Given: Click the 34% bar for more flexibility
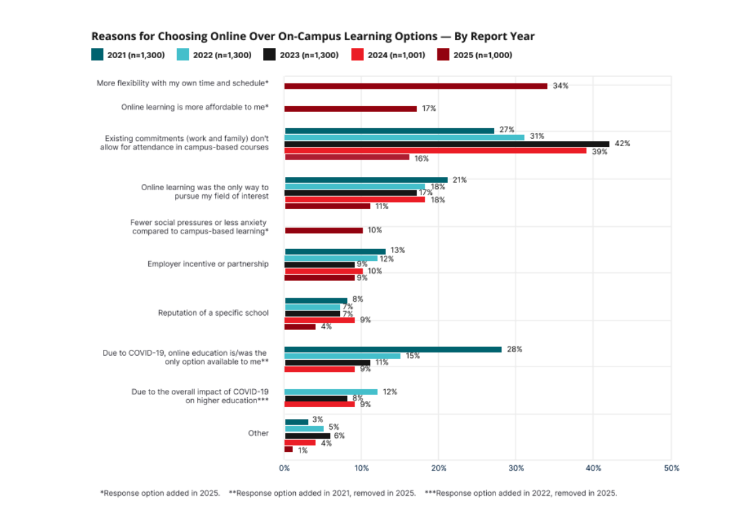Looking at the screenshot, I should coord(415,86).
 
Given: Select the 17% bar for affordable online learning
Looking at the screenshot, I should coord(351,108).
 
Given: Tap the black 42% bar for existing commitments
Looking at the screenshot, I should coord(447,144).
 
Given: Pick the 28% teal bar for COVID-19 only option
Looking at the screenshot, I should coord(393,349).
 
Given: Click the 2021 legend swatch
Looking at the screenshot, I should coord(98,55).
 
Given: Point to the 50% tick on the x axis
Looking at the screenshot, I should coord(671,468).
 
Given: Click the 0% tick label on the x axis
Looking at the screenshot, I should coord(285,468).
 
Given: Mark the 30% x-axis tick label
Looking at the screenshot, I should coord(516,468).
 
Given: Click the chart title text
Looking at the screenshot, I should coord(313,36).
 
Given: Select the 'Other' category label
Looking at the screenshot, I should coord(258,433).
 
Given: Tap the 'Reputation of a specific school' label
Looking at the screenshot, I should coord(213,312).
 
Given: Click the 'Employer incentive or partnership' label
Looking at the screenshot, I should coord(208,264).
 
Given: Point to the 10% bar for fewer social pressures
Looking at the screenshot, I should coord(323,230).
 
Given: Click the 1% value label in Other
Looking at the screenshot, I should coord(303,450).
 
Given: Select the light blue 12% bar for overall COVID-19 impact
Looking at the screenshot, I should coord(331,392).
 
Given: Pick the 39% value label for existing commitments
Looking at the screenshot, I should coord(598,152).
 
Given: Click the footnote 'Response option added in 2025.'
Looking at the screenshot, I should coord(160,493).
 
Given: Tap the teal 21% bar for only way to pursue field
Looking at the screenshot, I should coord(366,180).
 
